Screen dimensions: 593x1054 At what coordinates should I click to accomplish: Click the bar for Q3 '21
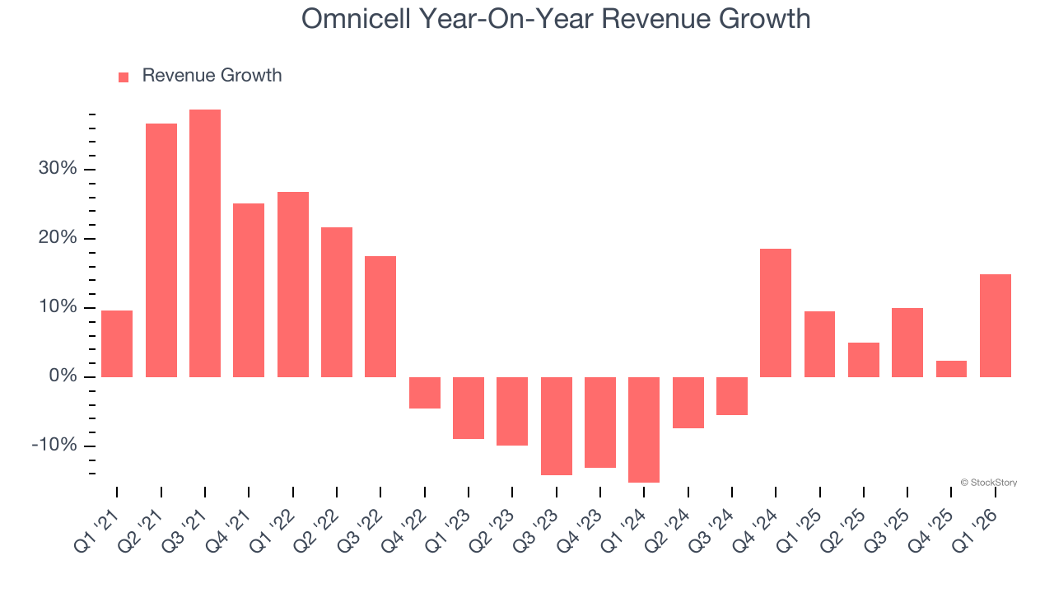(205, 243)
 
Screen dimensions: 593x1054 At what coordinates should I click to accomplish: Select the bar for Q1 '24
(644, 429)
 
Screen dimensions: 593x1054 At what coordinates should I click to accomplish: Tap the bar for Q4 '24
(776, 313)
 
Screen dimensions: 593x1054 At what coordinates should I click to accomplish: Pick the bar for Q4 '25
(951, 369)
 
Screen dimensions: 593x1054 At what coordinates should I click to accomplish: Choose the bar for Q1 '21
(117, 343)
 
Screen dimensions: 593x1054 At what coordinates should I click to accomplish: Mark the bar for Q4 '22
(425, 393)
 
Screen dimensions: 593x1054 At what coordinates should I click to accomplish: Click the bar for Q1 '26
(995, 325)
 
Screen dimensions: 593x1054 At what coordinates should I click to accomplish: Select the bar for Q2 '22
(337, 302)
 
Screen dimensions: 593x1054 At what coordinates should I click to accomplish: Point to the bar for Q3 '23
(556, 426)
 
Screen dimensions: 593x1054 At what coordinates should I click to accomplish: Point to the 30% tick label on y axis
(57, 169)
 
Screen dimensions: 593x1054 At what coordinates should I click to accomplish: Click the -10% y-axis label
(54, 446)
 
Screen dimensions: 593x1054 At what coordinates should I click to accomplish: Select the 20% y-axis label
(57, 238)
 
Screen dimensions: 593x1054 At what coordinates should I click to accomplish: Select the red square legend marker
(124, 77)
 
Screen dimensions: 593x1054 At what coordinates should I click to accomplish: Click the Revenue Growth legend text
(212, 76)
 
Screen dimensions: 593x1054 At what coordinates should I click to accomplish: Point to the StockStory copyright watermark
(988, 483)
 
